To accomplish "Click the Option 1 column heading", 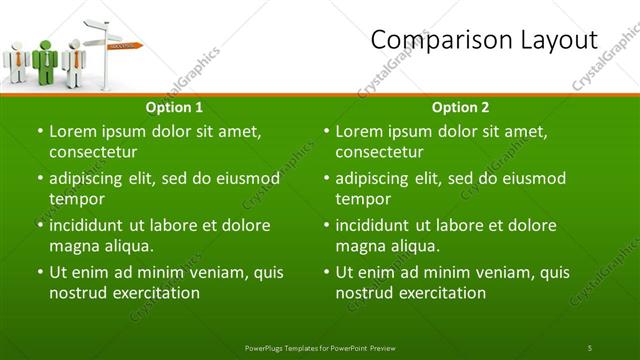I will coord(174,107).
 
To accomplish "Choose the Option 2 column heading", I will coord(461,107).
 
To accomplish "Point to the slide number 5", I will coord(590,347).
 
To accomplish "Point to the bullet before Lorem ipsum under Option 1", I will coord(39,132).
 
